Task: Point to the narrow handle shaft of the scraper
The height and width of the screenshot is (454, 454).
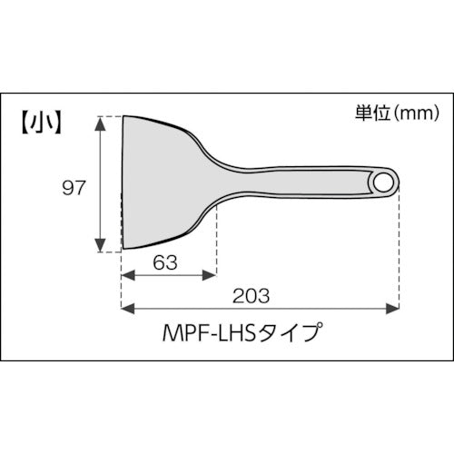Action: point(300,185)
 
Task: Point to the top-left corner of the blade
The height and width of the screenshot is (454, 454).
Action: point(124,117)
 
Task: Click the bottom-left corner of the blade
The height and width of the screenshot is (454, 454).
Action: point(123,251)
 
